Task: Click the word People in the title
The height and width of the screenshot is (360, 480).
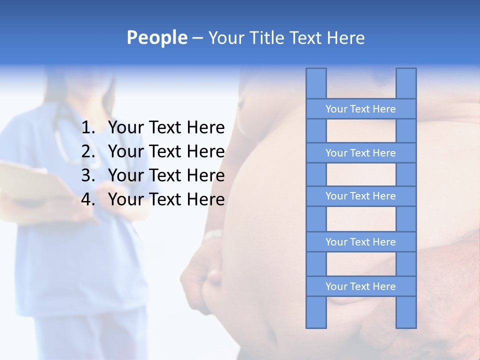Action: [156, 37]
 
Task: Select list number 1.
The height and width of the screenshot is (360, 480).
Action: [88, 128]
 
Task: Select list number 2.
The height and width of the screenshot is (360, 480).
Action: [88, 151]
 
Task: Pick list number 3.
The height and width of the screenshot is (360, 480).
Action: [88, 175]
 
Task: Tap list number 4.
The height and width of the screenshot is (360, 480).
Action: [88, 199]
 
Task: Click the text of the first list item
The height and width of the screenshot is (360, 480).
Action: [166, 128]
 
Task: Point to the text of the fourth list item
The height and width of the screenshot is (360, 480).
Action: [166, 199]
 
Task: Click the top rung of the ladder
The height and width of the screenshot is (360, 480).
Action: [360, 109]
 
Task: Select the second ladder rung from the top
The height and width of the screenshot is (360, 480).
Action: [360, 153]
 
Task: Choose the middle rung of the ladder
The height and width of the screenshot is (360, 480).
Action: [360, 196]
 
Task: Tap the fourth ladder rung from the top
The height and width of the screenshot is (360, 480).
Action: [360, 242]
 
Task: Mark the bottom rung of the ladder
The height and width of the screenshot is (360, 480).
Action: [360, 286]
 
